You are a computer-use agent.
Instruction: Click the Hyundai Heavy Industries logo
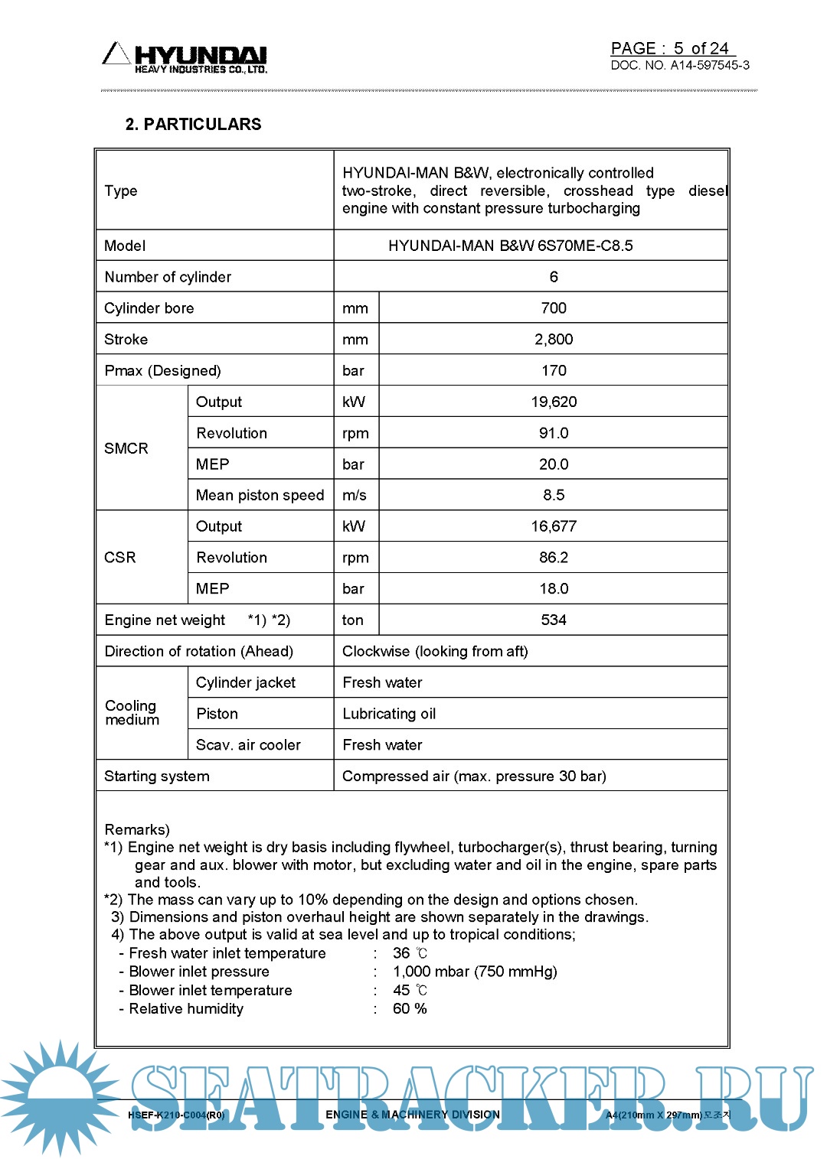pyautogui.click(x=185, y=58)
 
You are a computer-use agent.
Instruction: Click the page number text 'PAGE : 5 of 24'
pyautogui.click(x=670, y=48)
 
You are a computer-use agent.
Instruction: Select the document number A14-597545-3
pyautogui.click(x=710, y=66)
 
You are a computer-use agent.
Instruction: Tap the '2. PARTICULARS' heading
pyautogui.click(x=193, y=124)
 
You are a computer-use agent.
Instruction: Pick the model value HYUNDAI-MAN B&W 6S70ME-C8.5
pyautogui.click(x=510, y=246)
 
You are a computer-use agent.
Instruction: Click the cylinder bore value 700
pyautogui.click(x=553, y=308)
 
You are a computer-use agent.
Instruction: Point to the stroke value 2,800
pyautogui.click(x=553, y=340)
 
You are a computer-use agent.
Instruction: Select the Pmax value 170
pyautogui.click(x=553, y=371)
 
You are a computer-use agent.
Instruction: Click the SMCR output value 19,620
pyautogui.click(x=553, y=402)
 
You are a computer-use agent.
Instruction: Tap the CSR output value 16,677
pyautogui.click(x=553, y=526)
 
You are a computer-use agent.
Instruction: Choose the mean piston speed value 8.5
pyautogui.click(x=553, y=495)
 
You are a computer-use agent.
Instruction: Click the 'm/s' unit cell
pyautogui.click(x=355, y=495)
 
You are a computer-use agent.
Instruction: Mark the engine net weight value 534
pyautogui.click(x=553, y=620)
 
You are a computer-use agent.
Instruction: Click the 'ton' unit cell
pyautogui.click(x=353, y=620)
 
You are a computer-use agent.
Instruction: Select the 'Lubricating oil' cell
pyautogui.click(x=389, y=714)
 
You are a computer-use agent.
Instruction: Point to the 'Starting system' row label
pyautogui.click(x=157, y=776)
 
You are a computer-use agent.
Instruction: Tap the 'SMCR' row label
pyautogui.click(x=126, y=448)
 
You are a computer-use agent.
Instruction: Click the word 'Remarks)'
pyautogui.click(x=137, y=829)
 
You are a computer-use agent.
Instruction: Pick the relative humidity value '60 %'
pyautogui.click(x=410, y=1008)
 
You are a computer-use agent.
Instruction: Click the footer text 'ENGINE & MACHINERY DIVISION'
pyautogui.click(x=413, y=1115)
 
